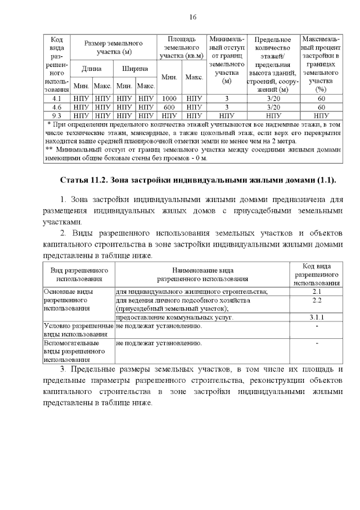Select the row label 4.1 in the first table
tap(56, 99)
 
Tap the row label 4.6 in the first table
tap(56, 106)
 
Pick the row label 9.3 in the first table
tap(56, 114)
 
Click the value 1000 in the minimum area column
tap(169, 99)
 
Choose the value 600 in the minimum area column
tap(169, 106)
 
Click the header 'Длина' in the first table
tap(91, 69)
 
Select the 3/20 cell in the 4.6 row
tap(272, 106)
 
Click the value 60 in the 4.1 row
tap(321, 99)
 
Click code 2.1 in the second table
tap(316, 291)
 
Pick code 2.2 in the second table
tap(316, 300)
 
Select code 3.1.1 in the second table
tap(316, 317)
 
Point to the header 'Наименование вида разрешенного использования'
tap(202, 274)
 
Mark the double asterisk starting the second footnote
tap(49, 150)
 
